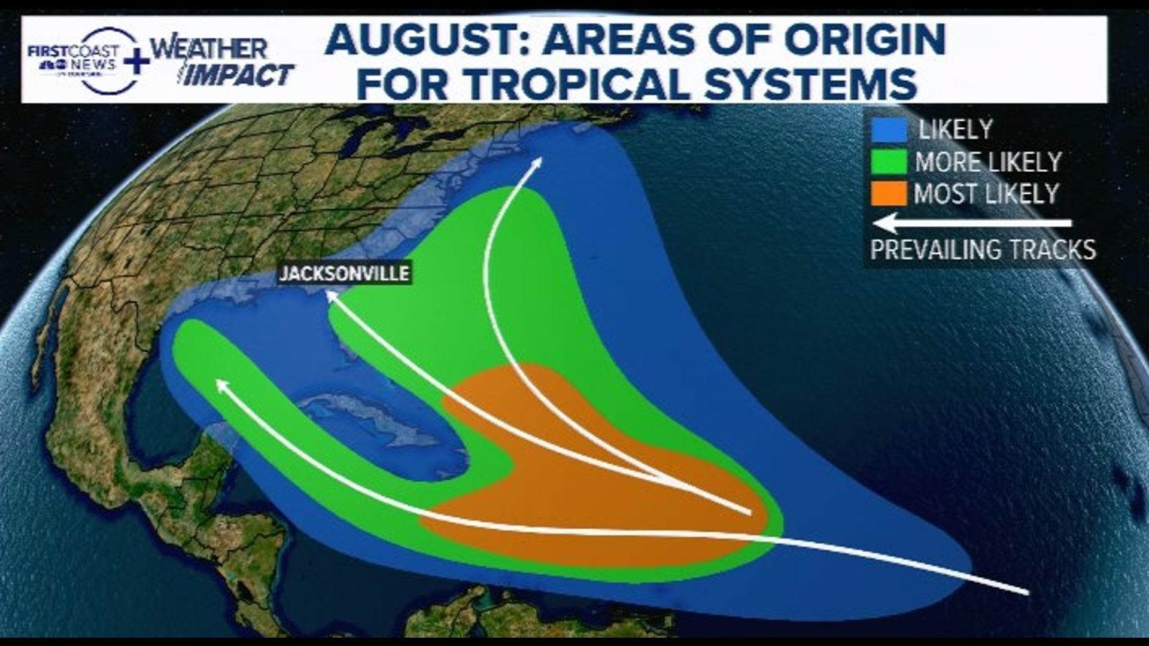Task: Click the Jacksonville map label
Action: (344, 273)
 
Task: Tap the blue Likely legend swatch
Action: (889, 130)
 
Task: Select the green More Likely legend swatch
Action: (889, 162)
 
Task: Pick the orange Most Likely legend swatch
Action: (889, 194)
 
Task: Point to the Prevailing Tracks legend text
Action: (983, 249)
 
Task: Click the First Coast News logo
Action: (75, 60)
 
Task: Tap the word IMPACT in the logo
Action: (238, 76)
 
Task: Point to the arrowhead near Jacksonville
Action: (330, 294)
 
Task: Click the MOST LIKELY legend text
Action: (986, 194)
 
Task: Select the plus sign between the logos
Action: (137, 62)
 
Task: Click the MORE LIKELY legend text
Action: (988, 162)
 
